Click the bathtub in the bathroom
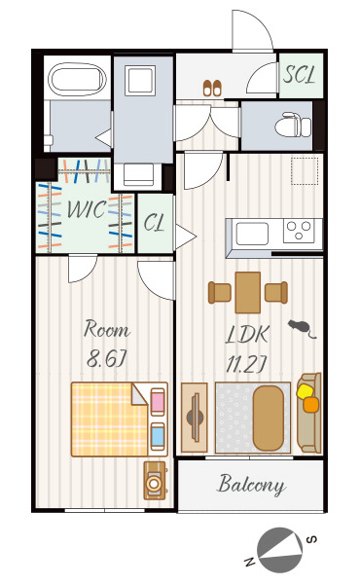(77, 79)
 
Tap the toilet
(293, 125)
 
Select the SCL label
(299, 75)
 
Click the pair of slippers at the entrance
(212, 88)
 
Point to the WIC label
(87, 209)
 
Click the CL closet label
(154, 223)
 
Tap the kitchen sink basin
(252, 234)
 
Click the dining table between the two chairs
(248, 292)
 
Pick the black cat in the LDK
(301, 328)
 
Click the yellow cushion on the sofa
(305, 391)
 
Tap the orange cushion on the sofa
(310, 405)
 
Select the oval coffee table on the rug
(268, 418)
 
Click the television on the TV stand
(195, 418)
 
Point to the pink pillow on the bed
(158, 401)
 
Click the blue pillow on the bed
(158, 436)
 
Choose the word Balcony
(252, 485)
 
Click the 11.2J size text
(246, 365)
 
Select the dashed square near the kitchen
(305, 171)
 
